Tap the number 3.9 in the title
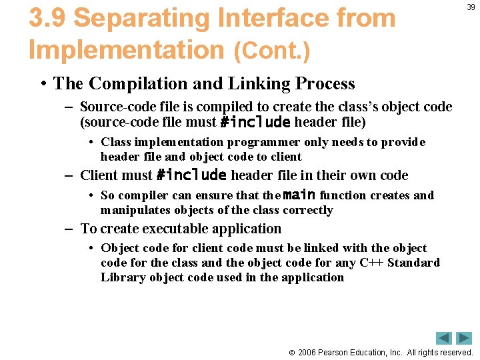(47, 18)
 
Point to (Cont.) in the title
(271, 51)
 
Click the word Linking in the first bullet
(239, 84)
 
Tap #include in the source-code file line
(255, 122)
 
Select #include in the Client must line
(192, 175)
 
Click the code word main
(298, 195)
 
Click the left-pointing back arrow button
(444, 338)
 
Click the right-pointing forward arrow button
(464, 338)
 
